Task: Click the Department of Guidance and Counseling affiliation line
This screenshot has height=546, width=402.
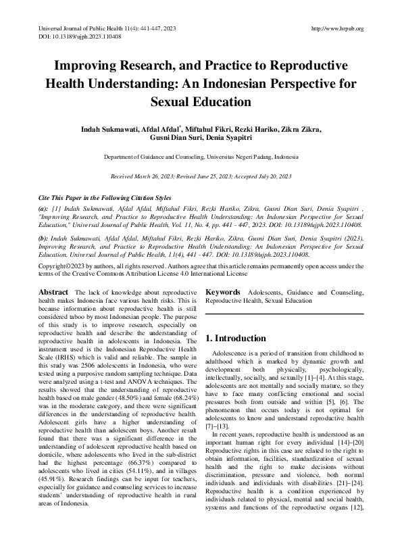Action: point(201,157)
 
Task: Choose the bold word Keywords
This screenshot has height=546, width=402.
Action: point(222,291)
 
